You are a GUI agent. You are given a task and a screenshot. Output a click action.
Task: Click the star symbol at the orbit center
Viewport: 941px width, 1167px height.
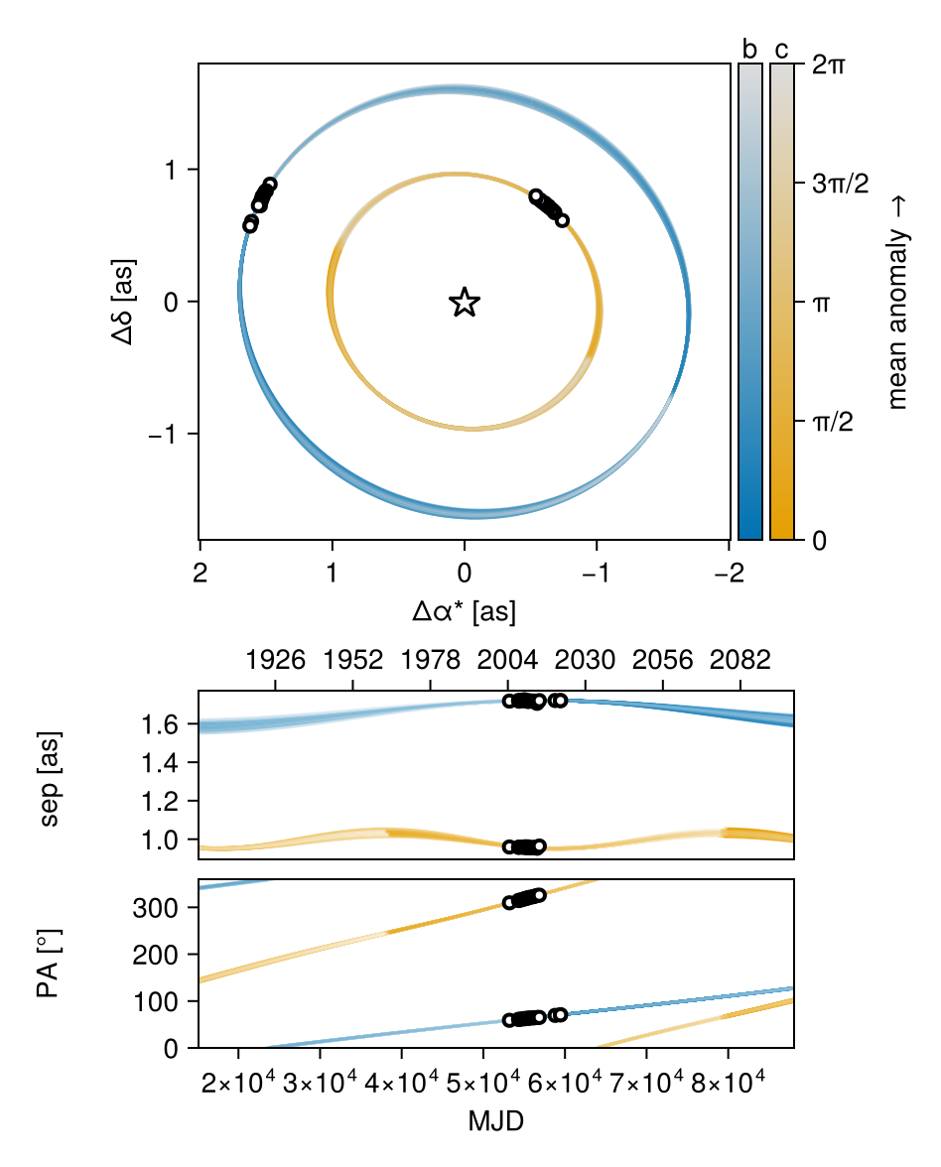[x=465, y=302]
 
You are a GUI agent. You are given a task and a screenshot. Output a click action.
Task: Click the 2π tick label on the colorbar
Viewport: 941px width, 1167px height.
[x=829, y=65]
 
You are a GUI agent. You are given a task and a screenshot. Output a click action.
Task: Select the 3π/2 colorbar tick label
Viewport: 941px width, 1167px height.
[x=841, y=183]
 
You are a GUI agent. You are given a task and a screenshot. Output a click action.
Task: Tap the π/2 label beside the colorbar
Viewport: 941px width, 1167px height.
[x=833, y=422]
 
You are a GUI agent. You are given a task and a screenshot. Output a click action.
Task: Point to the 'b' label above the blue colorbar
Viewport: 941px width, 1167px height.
[x=749, y=50]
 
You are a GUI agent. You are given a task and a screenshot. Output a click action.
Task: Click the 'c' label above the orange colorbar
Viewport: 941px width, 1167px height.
[x=781, y=51]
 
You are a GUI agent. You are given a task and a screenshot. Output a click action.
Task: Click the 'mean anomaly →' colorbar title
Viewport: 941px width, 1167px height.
[x=897, y=302]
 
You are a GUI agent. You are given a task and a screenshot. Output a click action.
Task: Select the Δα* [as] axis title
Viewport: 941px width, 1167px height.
[x=464, y=611]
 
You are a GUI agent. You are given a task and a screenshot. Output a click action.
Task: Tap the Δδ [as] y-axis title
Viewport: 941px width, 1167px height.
[x=123, y=302]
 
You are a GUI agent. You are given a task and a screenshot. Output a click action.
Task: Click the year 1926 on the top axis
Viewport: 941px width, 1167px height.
[x=276, y=659]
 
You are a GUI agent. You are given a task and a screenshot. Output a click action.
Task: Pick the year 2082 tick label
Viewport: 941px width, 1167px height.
[x=740, y=659]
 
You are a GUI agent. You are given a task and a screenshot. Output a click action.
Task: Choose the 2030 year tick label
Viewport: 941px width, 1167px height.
[x=586, y=659]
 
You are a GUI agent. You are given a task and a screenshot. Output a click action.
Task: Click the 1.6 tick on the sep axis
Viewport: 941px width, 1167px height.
[x=160, y=724]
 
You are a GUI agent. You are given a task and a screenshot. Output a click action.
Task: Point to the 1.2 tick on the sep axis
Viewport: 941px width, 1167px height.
[x=160, y=802]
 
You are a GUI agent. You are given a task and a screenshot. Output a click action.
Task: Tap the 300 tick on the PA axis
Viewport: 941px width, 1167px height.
[x=155, y=908]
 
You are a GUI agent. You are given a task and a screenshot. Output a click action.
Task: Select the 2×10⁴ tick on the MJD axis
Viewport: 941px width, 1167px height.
[x=238, y=1082]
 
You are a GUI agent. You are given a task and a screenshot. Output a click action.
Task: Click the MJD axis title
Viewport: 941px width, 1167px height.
[x=496, y=1120]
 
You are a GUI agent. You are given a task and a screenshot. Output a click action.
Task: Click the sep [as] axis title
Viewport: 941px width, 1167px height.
[x=50, y=778]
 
